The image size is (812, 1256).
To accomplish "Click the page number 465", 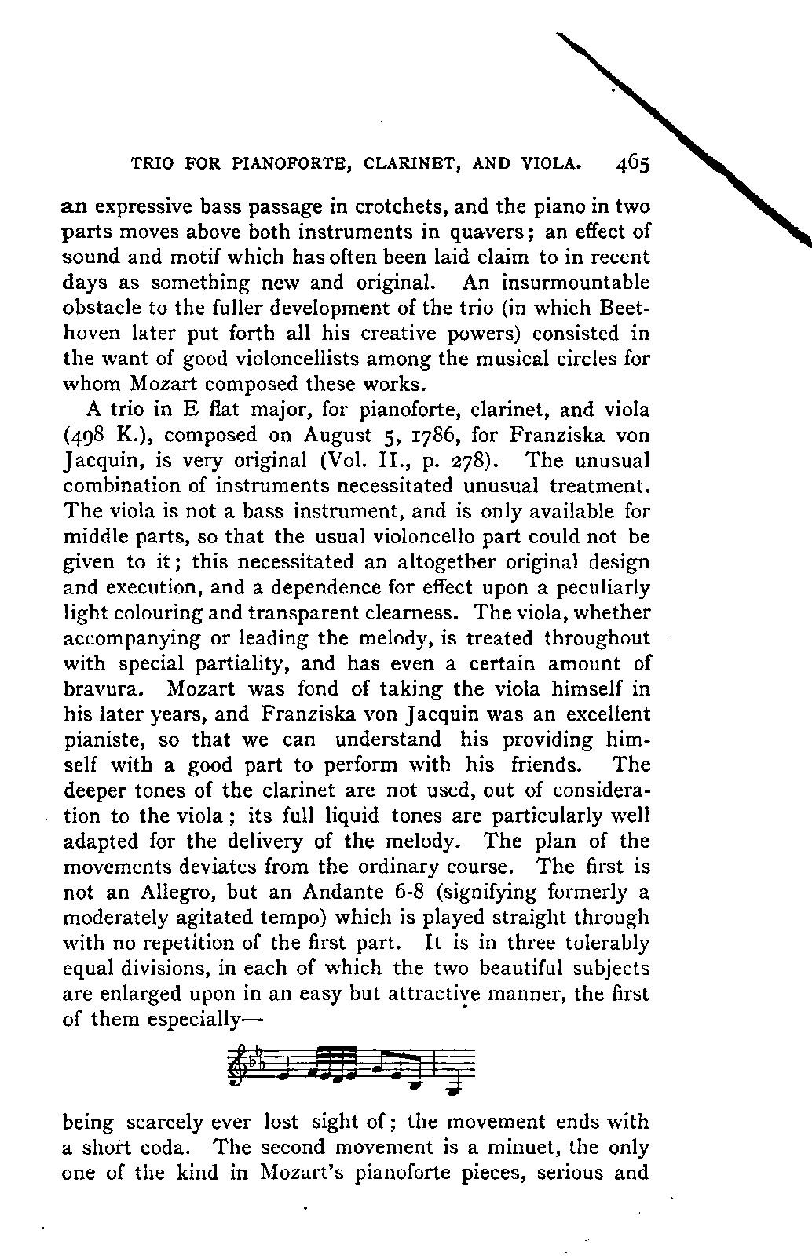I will click(633, 164).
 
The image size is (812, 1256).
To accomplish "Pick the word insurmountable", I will click(583, 283).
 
